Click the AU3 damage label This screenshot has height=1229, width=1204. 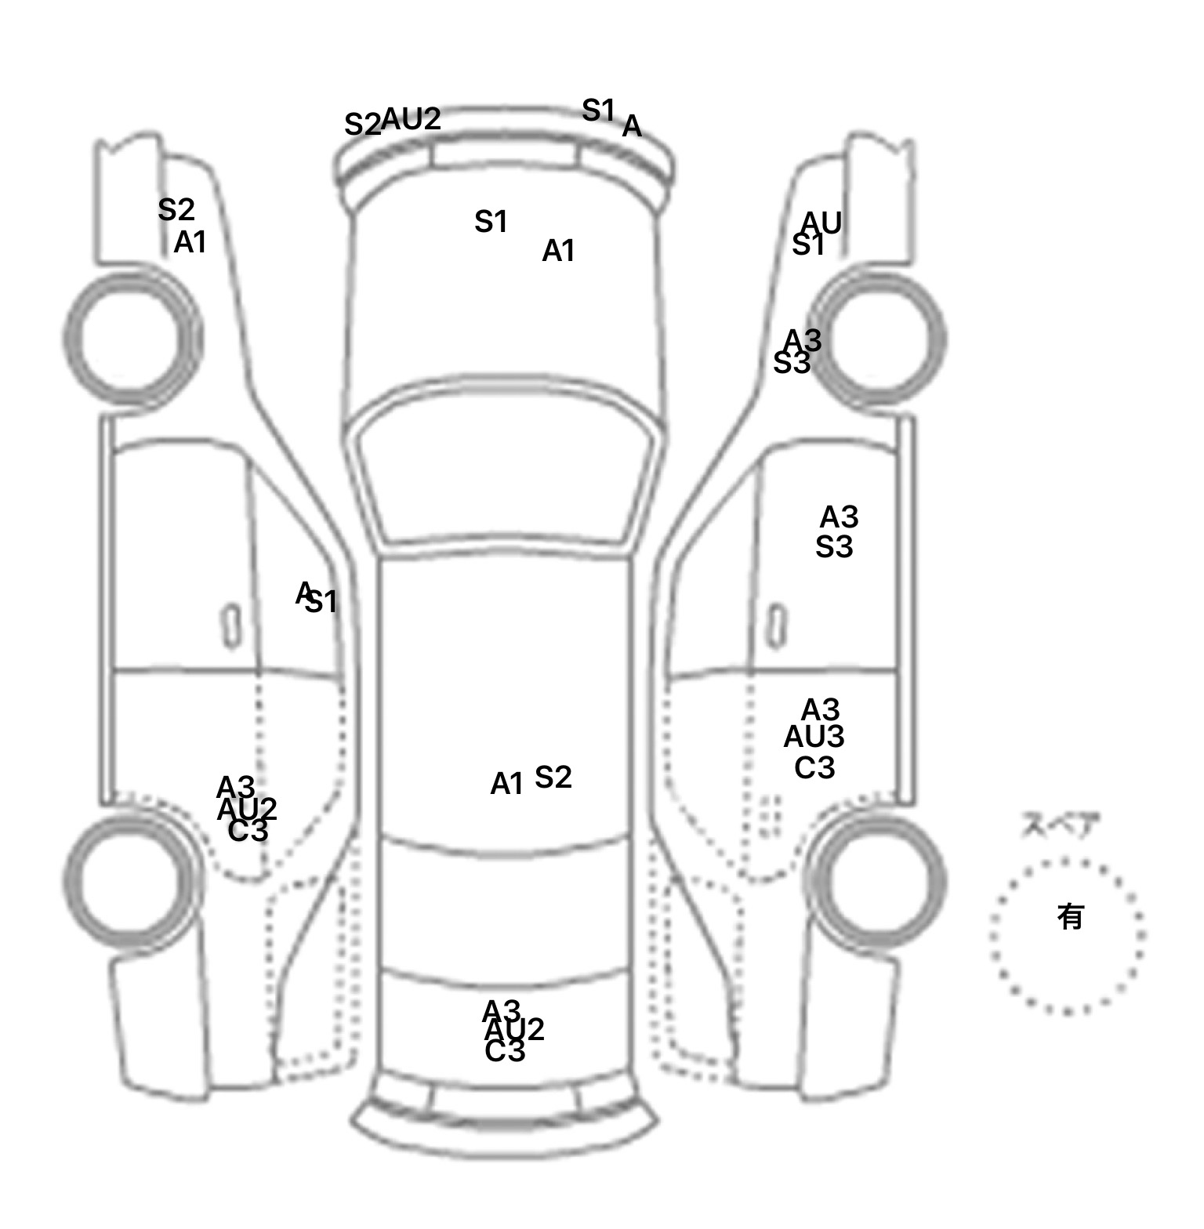click(x=814, y=738)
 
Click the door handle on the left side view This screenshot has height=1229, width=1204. click(x=231, y=625)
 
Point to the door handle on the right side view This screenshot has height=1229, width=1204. click(x=776, y=625)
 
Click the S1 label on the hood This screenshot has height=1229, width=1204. click(x=491, y=223)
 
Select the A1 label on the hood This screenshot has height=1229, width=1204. click(x=558, y=252)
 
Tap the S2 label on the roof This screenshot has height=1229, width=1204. click(x=553, y=778)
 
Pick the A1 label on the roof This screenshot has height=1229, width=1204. click(x=506, y=784)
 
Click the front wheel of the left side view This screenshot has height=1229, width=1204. click(x=132, y=337)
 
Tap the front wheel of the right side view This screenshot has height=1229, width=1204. click(x=878, y=339)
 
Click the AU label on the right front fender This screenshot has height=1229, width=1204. click(x=821, y=223)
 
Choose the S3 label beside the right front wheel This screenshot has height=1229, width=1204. click(x=791, y=363)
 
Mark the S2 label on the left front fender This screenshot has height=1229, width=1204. click(x=176, y=210)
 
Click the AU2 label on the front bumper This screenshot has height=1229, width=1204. click(x=412, y=119)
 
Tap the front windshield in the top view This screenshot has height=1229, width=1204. click(x=506, y=470)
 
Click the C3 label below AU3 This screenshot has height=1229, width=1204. click(x=814, y=768)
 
